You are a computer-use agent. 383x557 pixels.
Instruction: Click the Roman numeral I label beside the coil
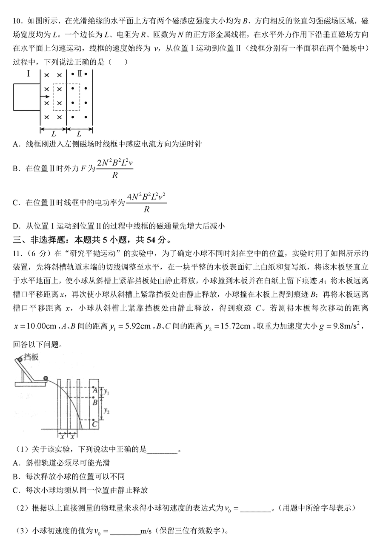click(28, 74)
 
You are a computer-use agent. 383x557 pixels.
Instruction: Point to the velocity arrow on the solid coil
click(45, 97)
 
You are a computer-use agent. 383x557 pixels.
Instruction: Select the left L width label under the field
click(53, 134)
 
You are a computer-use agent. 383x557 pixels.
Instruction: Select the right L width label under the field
click(79, 134)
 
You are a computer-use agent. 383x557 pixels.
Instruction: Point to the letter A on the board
click(95, 390)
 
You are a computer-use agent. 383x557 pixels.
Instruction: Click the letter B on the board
click(95, 402)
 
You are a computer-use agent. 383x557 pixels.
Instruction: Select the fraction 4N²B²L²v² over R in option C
click(146, 203)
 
